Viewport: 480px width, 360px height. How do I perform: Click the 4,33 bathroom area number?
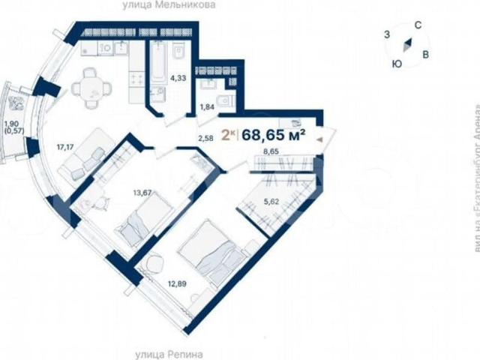click(178, 78)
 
